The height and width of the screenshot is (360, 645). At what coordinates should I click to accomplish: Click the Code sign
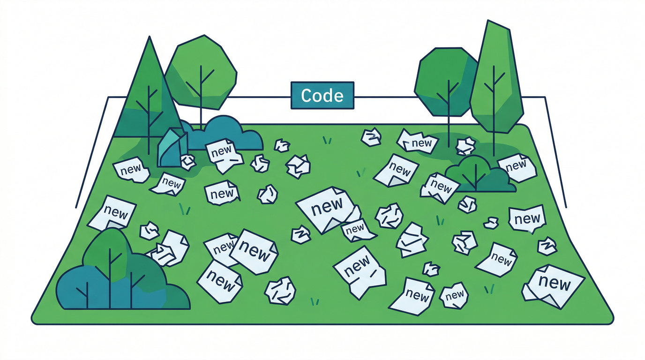(322, 95)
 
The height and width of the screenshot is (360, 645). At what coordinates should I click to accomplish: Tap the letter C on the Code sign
(307, 95)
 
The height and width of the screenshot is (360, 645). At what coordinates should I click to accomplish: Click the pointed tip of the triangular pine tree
(149, 37)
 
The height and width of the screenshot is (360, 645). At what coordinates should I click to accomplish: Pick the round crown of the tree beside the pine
(201, 72)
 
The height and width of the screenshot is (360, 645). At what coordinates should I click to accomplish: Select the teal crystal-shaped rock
(172, 148)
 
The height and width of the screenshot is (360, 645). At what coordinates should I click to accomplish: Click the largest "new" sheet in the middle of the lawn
(328, 209)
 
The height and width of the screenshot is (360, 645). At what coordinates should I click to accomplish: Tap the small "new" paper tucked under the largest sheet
(357, 230)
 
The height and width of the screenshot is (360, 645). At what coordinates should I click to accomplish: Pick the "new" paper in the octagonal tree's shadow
(418, 141)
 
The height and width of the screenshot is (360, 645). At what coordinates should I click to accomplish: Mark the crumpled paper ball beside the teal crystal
(188, 162)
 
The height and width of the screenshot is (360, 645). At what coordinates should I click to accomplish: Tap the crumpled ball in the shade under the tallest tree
(465, 146)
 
